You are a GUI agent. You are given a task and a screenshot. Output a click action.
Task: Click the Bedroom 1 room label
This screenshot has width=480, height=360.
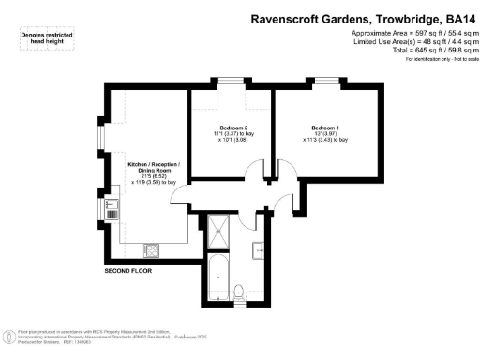324,127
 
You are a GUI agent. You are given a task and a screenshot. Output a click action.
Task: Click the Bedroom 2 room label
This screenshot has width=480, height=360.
233,127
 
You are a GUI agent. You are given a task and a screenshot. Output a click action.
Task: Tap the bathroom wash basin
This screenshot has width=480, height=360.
258,248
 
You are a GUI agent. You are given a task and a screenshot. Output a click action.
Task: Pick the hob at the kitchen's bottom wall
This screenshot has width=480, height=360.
150,249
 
